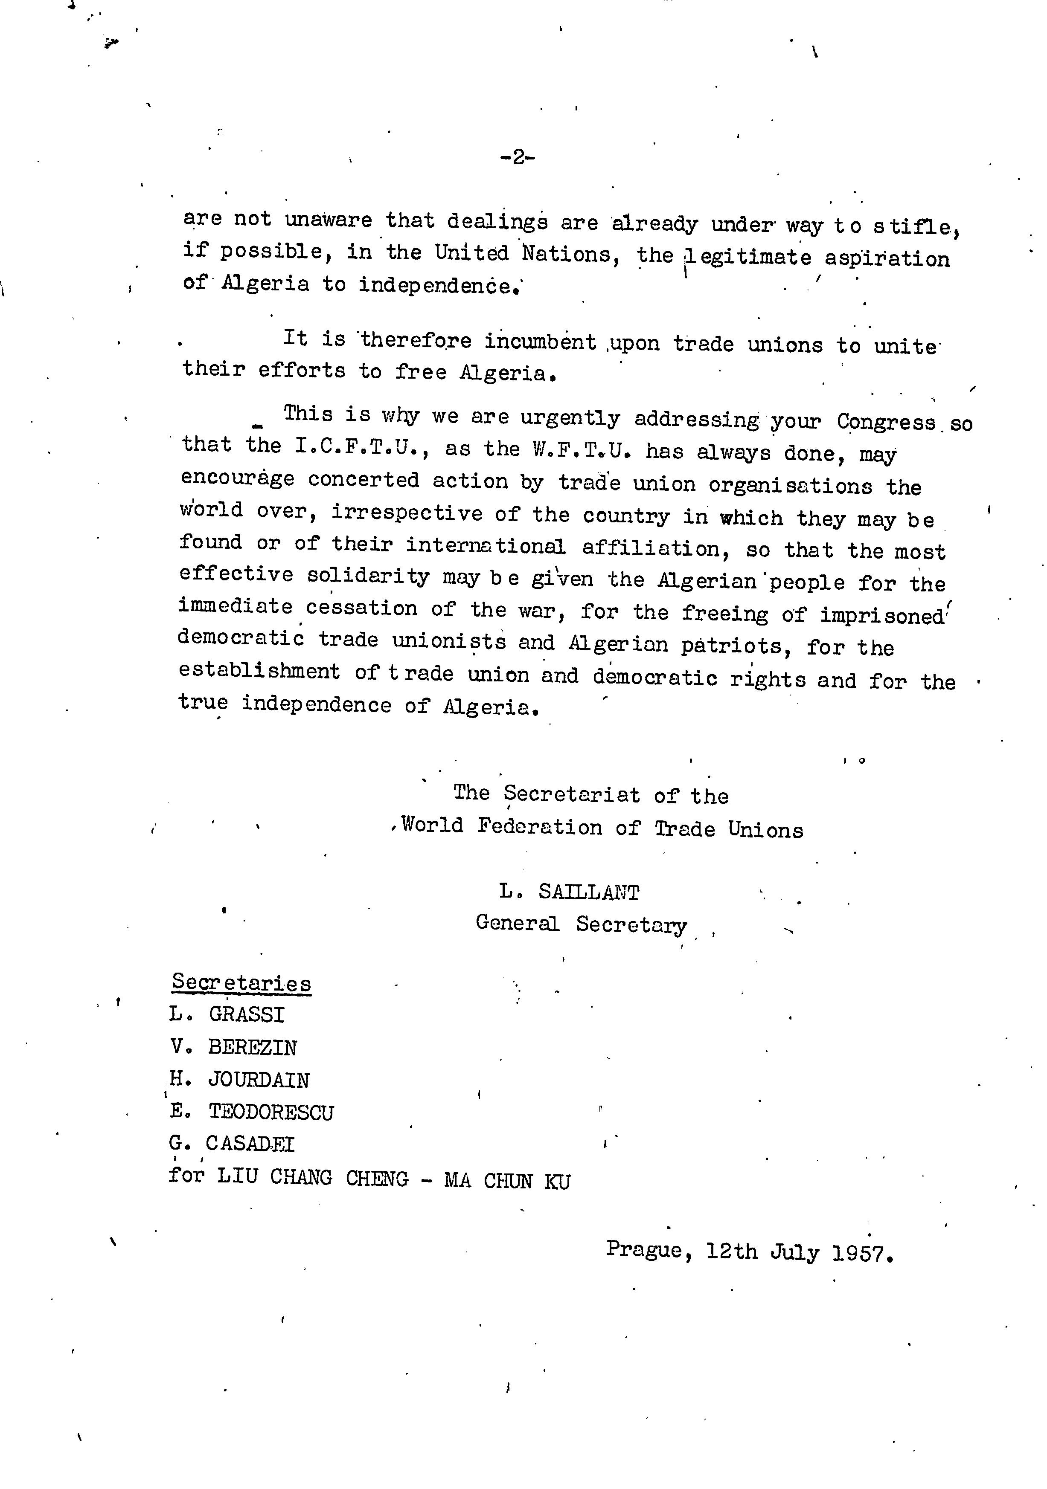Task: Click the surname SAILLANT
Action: (x=588, y=892)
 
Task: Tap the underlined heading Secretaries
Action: (x=241, y=983)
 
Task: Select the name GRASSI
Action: (x=247, y=1015)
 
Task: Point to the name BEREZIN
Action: (x=252, y=1047)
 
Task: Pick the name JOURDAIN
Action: (x=258, y=1080)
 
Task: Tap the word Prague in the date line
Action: (x=644, y=1249)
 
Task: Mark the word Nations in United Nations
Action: (x=566, y=254)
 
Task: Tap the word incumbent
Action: (x=541, y=342)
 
